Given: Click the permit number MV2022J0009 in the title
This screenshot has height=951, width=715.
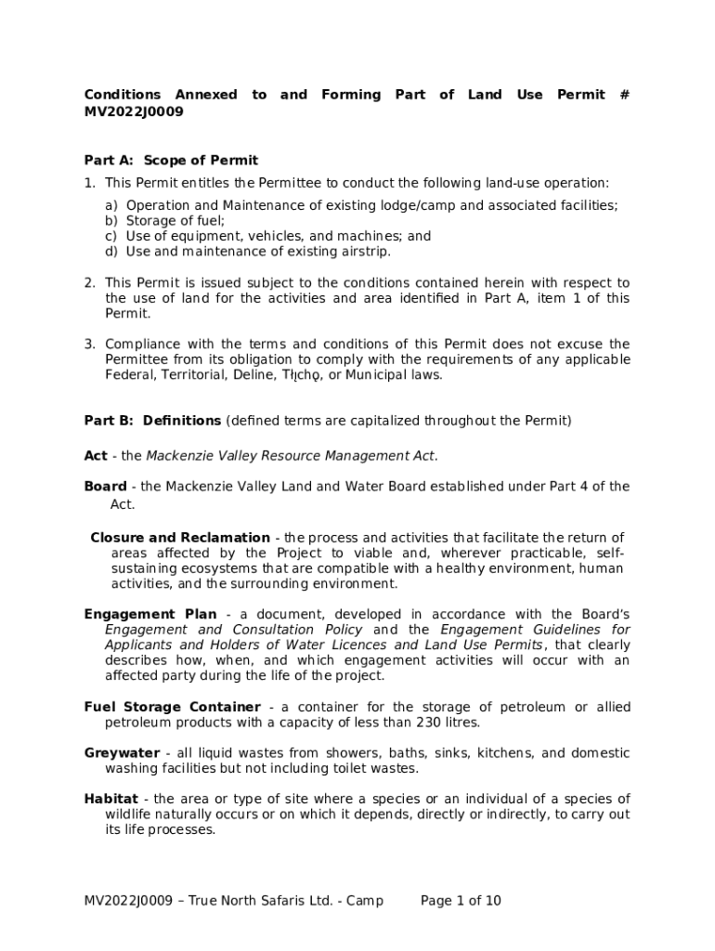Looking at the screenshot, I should pyautogui.click(x=134, y=112).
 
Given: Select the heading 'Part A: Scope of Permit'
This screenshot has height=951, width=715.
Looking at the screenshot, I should pyautogui.click(x=171, y=161).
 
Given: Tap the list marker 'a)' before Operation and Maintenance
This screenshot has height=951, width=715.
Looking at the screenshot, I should pyautogui.click(x=111, y=206).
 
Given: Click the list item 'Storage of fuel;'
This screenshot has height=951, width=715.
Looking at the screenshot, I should pyautogui.click(x=175, y=221).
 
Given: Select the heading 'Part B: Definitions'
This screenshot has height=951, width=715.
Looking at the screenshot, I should pyautogui.click(x=152, y=421).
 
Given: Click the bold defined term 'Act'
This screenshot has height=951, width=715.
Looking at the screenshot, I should pyautogui.click(x=96, y=456).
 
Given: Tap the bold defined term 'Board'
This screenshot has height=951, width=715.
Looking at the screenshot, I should pyautogui.click(x=105, y=487).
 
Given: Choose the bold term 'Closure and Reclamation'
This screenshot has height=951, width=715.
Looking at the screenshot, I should pyautogui.click(x=180, y=538).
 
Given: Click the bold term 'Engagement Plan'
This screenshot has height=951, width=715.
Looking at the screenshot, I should pyautogui.click(x=150, y=615).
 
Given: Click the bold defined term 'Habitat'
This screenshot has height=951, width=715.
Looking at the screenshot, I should pyautogui.click(x=110, y=800).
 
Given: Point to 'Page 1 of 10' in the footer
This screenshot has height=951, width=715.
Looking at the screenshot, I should pyautogui.click(x=461, y=901).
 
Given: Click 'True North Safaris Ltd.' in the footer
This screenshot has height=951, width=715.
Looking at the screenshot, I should pyautogui.click(x=262, y=901).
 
